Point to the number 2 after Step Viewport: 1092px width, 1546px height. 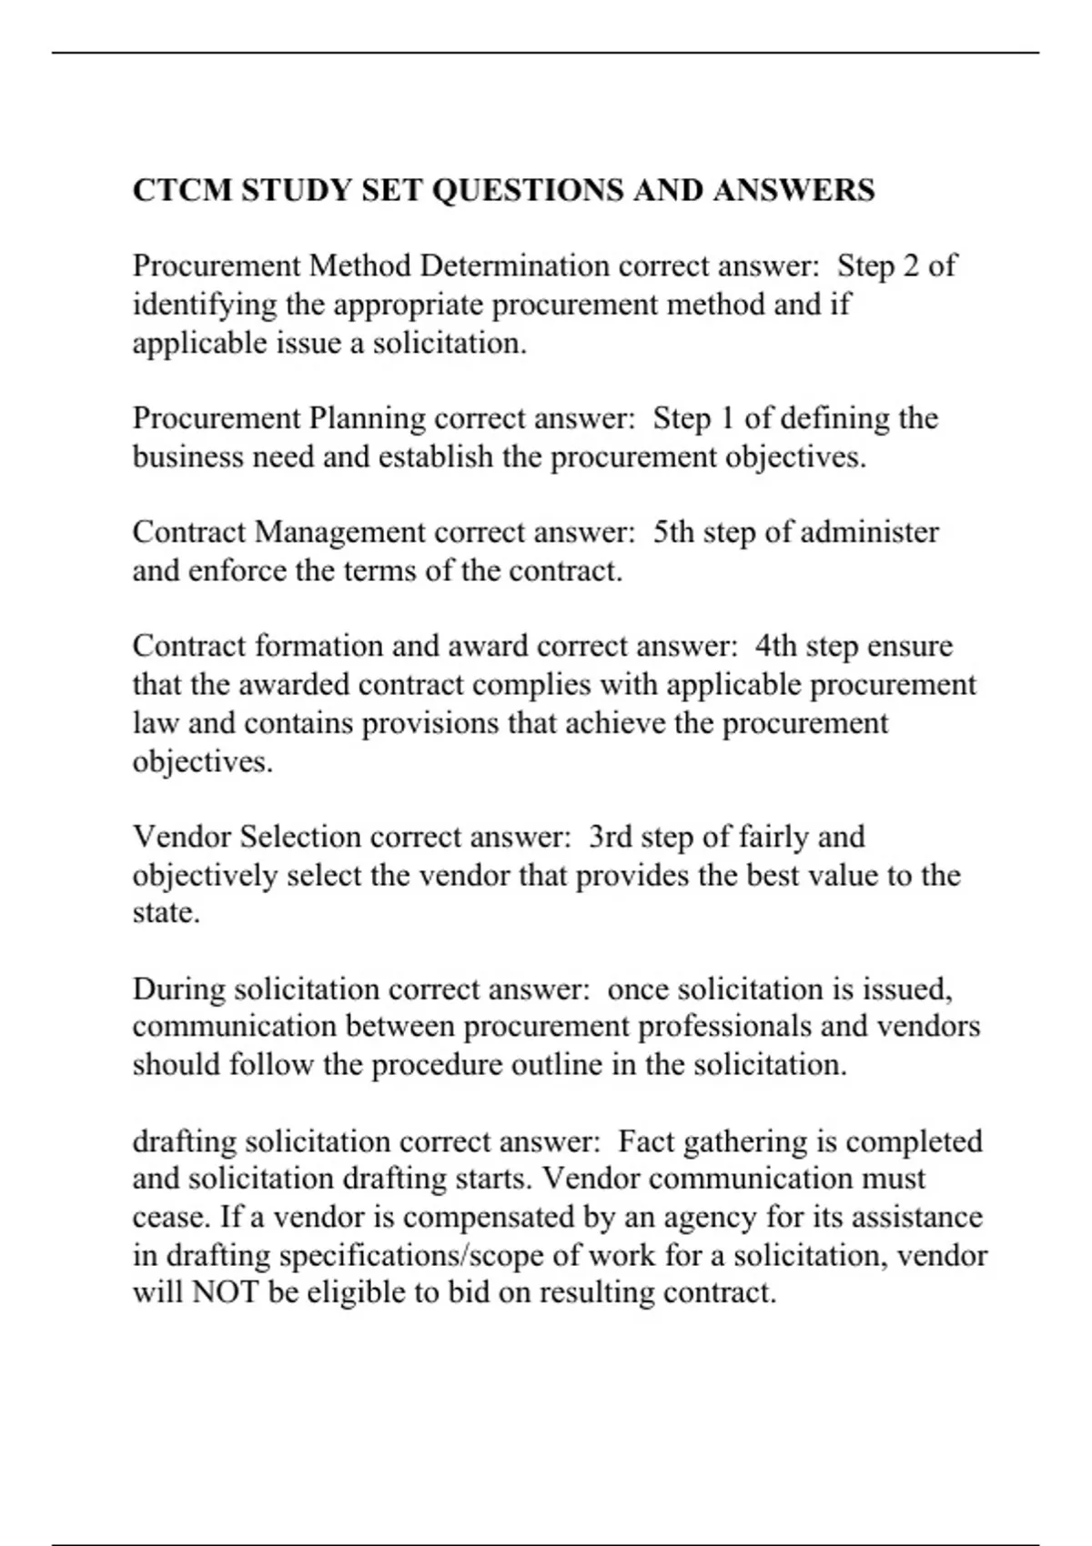point(910,266)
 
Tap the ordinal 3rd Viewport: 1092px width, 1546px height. point(610,837)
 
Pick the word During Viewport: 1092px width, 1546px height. point(178,989)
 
